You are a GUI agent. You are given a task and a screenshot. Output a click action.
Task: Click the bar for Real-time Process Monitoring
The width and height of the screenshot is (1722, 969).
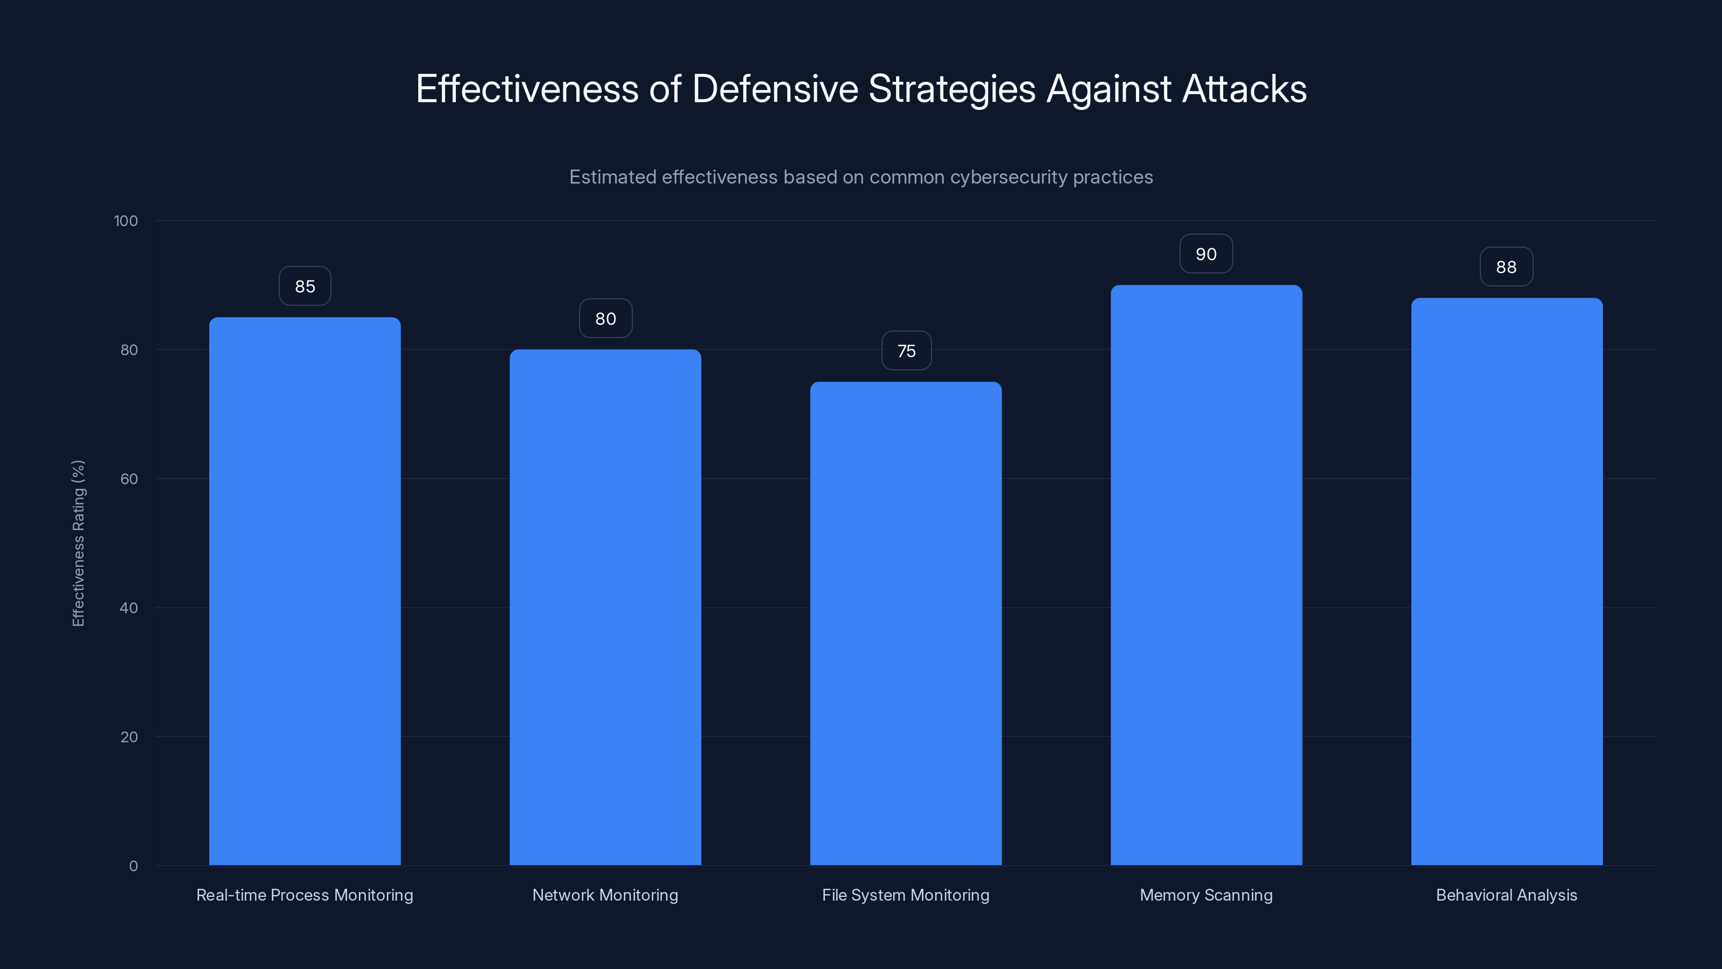(x=305, y=592)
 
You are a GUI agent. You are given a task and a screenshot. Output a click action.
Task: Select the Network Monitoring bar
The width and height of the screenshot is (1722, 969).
(x=605, y=607)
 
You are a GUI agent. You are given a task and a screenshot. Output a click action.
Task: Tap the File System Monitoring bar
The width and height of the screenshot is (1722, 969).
(x=906, y=623)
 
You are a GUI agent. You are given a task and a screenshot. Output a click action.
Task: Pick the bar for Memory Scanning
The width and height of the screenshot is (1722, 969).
(x=1206, y=575)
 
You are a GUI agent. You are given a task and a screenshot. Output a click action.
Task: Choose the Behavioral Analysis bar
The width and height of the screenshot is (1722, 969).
(x=1507, y=582)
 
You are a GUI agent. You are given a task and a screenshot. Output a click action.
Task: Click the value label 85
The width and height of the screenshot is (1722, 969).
(x=305, y=286)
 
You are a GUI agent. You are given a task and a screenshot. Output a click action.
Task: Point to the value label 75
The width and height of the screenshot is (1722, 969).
(x=906, y=351)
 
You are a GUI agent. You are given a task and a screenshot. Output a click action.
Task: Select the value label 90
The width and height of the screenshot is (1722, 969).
(x=1206, y=254)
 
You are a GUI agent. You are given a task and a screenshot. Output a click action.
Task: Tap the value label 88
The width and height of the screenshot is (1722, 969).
(x=1506, y=267)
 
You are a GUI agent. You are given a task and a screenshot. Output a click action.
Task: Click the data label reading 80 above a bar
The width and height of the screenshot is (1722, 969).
(x=605, y=319)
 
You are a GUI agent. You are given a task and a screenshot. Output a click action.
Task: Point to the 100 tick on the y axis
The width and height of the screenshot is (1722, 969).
(x=126, y=221)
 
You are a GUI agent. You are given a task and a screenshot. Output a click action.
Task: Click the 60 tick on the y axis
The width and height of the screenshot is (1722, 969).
(x=129, y=479)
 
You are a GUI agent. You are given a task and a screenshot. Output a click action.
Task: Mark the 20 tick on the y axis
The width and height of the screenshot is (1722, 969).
(x=129, y=737)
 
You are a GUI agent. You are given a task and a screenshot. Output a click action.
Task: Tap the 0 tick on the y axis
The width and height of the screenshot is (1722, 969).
(x=133, y=866)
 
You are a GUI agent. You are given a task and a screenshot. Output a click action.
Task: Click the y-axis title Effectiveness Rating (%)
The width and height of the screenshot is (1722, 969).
(x=78, y=543)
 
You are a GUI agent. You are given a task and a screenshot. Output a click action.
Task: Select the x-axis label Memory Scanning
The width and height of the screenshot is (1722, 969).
(x=1206, y=895)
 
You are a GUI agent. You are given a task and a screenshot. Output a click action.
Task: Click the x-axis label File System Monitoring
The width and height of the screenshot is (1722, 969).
(x=906, y=895)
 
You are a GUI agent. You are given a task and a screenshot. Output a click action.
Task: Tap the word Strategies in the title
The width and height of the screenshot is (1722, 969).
(x=951, y=89)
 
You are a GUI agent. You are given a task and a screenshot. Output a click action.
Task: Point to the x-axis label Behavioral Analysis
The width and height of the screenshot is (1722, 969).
(x=1506, y=895)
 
